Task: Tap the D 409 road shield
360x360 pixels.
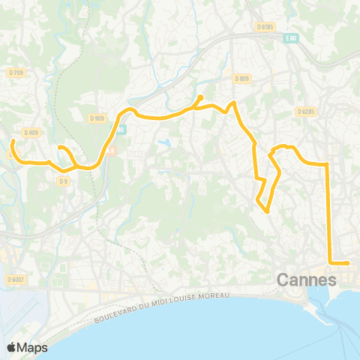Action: pos(31,133)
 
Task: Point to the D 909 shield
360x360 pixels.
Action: pos(96,118)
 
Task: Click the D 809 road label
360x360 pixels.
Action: pos(241,79)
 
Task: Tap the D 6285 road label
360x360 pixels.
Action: pos(305,112)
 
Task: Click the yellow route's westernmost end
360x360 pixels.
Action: pos(13,141)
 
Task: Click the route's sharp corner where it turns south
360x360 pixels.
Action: pos(328,163)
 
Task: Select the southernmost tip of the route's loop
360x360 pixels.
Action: pos(268,211)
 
